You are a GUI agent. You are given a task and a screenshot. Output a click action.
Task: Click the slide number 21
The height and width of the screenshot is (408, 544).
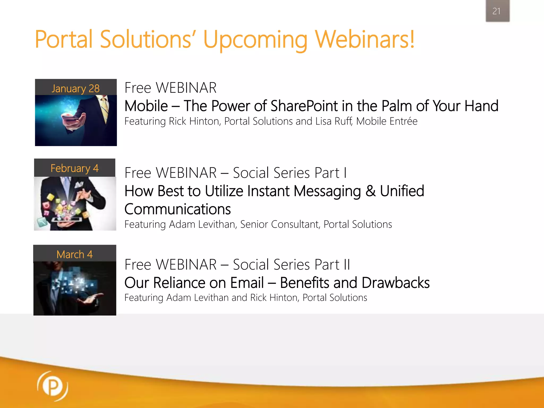pos(496,11)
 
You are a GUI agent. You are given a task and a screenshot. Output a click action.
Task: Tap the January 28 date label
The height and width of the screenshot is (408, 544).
pos(75,88)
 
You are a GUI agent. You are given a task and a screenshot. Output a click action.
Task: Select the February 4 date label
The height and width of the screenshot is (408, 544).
pos(75,168)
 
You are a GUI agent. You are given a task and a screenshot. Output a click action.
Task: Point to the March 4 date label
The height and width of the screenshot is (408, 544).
pos(75,254)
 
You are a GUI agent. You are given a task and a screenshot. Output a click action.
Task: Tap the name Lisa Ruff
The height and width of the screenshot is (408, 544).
pos(334,121)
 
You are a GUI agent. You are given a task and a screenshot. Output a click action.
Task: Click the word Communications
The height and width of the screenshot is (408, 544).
pos(177,209)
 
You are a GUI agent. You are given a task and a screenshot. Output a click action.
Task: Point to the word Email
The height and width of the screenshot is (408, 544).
pos(247,283)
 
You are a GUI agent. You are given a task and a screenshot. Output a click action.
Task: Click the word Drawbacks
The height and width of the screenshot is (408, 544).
pos(396,283)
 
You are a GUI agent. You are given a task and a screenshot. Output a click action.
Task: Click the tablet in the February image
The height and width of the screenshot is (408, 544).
pos(66,220)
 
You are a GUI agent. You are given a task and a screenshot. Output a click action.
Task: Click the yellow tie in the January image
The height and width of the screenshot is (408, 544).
pos(105,109)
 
